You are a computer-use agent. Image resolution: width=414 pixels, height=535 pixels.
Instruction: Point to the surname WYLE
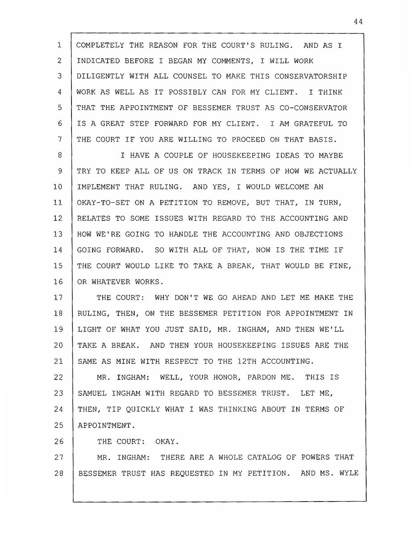(x=348, y=473)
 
